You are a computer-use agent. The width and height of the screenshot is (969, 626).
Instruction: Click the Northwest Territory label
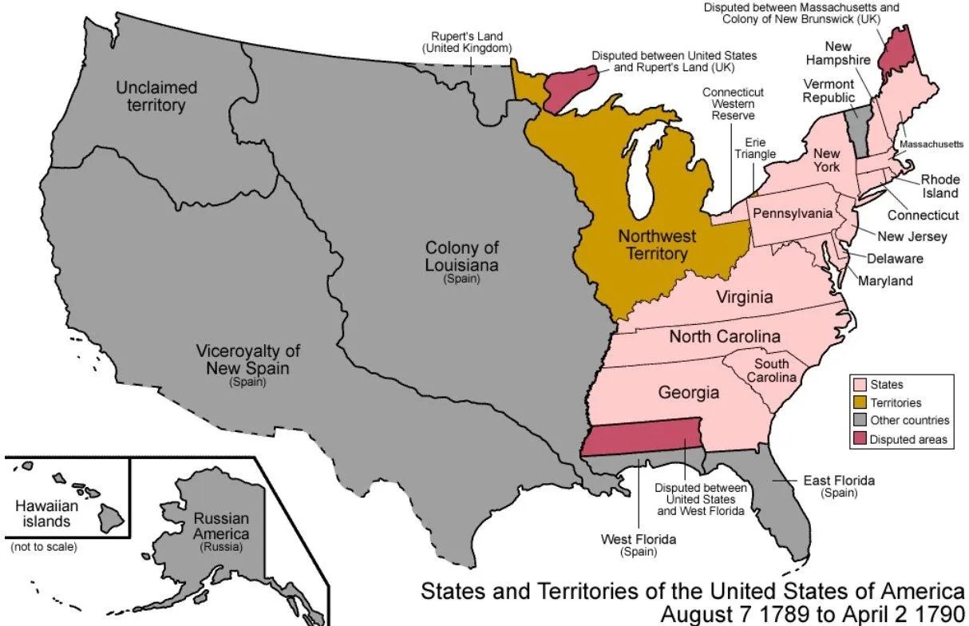[657, 245]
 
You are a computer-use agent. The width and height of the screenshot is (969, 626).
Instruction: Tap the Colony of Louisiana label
[462, 257]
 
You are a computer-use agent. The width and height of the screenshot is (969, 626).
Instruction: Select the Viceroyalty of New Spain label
[248, 359]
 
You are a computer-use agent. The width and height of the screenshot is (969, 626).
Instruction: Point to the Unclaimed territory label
[156, 96]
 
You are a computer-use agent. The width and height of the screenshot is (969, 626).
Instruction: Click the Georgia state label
[688, 392]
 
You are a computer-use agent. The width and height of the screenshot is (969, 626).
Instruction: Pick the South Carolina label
[771, 370]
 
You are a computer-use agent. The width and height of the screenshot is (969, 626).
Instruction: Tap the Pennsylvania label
[792, 213]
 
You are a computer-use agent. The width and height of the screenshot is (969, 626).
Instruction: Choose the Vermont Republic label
[829, 90]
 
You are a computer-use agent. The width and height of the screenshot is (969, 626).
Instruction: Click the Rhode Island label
[939, 186]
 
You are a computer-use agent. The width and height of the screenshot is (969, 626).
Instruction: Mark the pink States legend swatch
[859, 385]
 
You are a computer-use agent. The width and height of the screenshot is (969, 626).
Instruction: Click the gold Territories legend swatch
[859, 402]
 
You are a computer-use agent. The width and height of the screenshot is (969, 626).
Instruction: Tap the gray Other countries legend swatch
[859, 421]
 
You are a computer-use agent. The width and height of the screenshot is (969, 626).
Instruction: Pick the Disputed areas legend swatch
[859, 439]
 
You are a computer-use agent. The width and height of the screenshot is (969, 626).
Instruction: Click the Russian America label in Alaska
[221, 526]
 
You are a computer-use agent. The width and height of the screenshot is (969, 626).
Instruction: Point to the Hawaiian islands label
[46, 513]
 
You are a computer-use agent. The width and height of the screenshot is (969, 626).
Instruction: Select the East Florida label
[839, 481]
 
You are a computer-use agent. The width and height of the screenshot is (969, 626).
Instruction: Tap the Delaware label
[895, 258]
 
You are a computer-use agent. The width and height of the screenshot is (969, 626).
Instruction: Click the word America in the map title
[918, 591]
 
